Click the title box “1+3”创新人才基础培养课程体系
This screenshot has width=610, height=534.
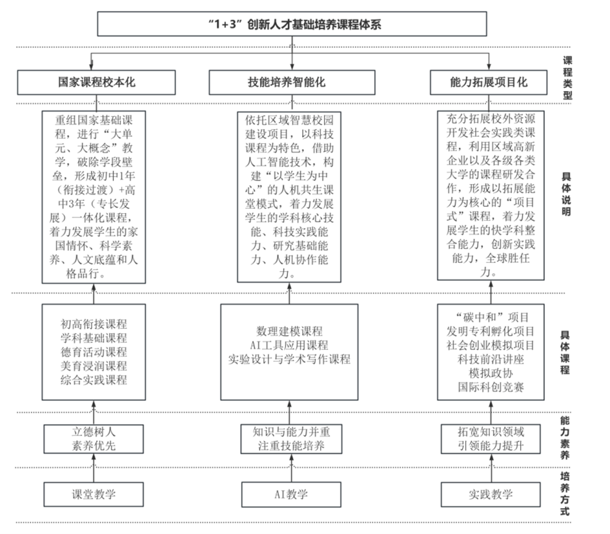292,24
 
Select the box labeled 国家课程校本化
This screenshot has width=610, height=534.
96,82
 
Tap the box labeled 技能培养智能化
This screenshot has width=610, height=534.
292,82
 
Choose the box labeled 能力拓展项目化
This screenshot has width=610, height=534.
488,82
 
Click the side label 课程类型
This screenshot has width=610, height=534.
567,78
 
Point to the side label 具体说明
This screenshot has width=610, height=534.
566,195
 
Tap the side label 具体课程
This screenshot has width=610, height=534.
565,352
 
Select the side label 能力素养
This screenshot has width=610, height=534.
565,438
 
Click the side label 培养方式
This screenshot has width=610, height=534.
565,494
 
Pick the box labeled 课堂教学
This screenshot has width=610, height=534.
94,494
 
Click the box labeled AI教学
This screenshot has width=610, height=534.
291,494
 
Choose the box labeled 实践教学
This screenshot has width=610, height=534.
490,494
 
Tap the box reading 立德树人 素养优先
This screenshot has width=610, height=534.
94,439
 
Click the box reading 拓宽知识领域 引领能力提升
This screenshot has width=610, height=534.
490,439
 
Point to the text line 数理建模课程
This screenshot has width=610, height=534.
289,331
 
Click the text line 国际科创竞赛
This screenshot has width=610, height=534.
490,387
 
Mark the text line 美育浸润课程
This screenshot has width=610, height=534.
94,366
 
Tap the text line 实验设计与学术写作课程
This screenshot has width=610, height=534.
289,359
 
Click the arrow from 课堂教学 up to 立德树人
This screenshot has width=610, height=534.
94,468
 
